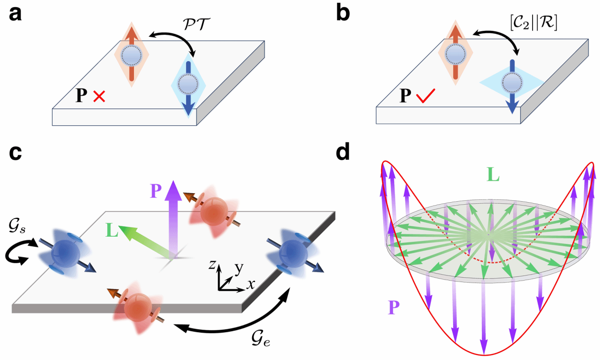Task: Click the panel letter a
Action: tap(15, 14)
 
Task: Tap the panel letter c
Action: tap(15, 153)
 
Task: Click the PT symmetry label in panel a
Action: tap(196, 25)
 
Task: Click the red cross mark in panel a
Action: tap(99, 97)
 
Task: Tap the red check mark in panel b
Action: tap(426, 96)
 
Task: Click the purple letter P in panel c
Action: tap(156, 190)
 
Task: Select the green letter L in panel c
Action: tap(112, 230)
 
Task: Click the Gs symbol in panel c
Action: tap(17, 227)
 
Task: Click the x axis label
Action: tap(251, 284)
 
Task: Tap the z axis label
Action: tap(212, 265)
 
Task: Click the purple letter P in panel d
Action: tap(394, 307)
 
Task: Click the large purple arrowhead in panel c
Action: tap(173, 191)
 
